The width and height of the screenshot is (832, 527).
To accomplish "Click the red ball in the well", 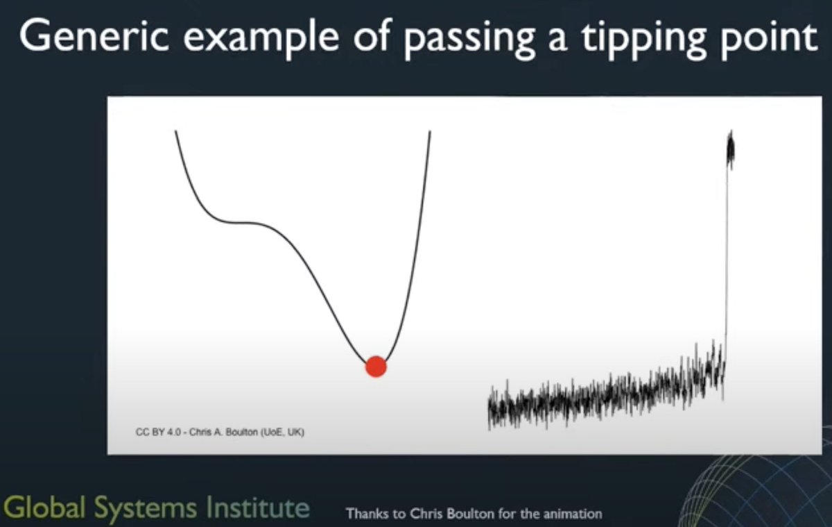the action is [x=376, y=367].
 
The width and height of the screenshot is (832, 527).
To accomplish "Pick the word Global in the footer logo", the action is [x=44, y=507].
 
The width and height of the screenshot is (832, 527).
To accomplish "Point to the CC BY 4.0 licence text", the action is [x=159, y=432].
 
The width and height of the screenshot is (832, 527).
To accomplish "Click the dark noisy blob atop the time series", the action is [x=731, y=149].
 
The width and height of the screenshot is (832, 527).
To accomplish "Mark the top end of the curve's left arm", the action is [x=175, y=131].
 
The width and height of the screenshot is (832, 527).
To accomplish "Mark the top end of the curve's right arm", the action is [x=430, y=131].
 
